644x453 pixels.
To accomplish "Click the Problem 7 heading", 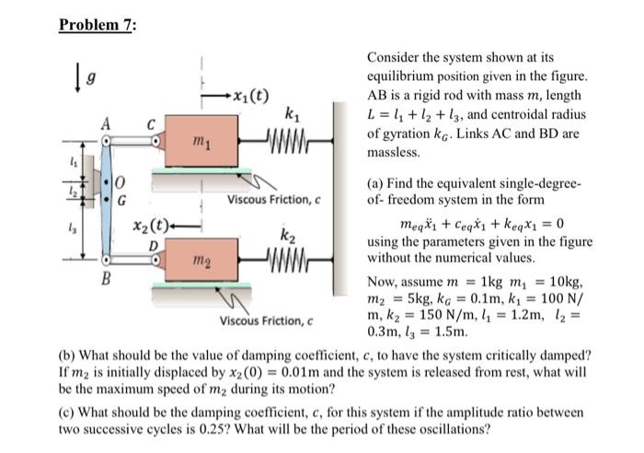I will point(97,25).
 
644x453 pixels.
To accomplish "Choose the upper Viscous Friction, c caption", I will point(274,199).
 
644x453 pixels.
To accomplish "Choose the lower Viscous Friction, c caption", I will point(268,321).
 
